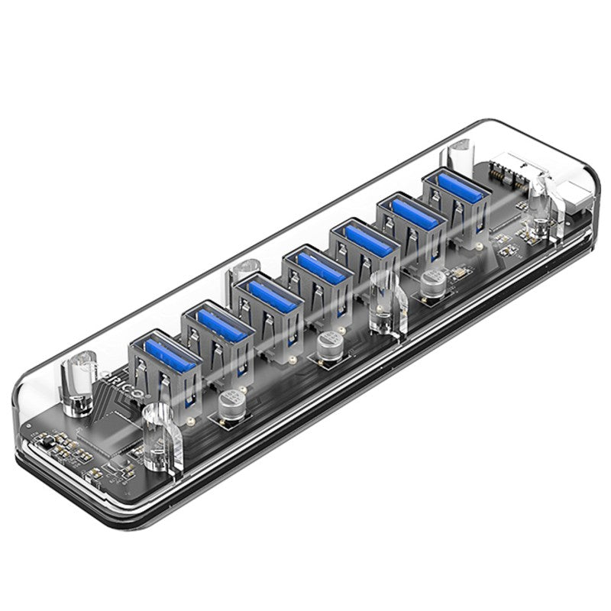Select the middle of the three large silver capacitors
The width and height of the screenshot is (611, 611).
pyautogui.click(x=330, y=344)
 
